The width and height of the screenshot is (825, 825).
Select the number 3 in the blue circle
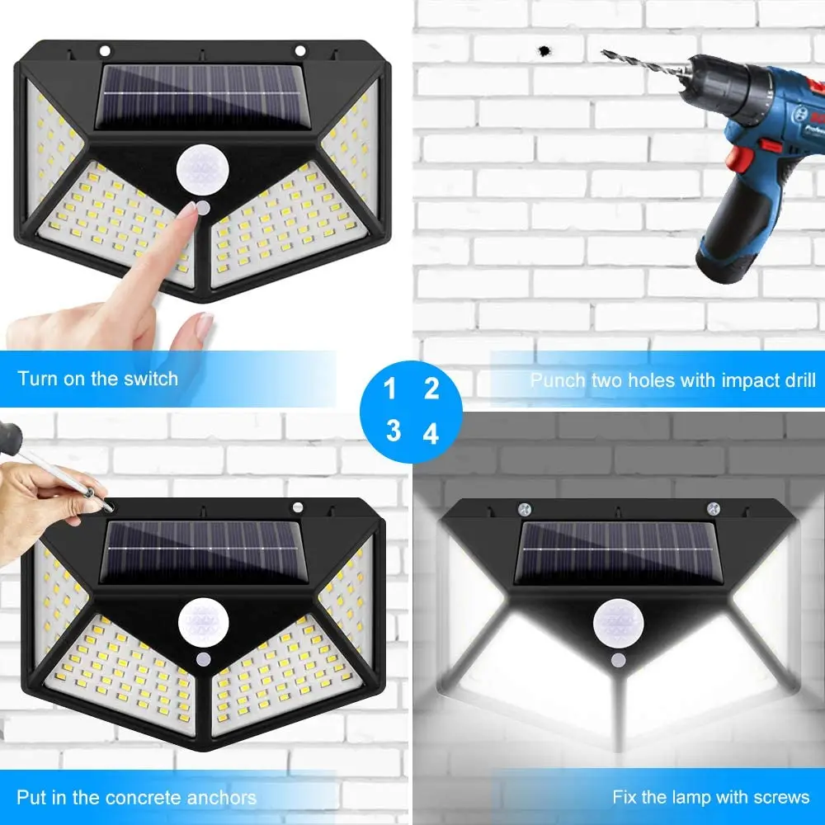click(393, 431)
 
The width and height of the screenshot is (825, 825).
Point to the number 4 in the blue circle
click(431, 433)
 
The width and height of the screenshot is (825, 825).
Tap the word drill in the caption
click(794, 380)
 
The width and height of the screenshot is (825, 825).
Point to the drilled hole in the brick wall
click(544, 51)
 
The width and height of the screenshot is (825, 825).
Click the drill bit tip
click(605, 53)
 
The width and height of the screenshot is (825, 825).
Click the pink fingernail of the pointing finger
click(190, 210)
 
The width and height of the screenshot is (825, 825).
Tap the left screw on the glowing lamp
click(522, 509)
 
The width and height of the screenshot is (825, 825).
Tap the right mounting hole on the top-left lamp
click(299, 50)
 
